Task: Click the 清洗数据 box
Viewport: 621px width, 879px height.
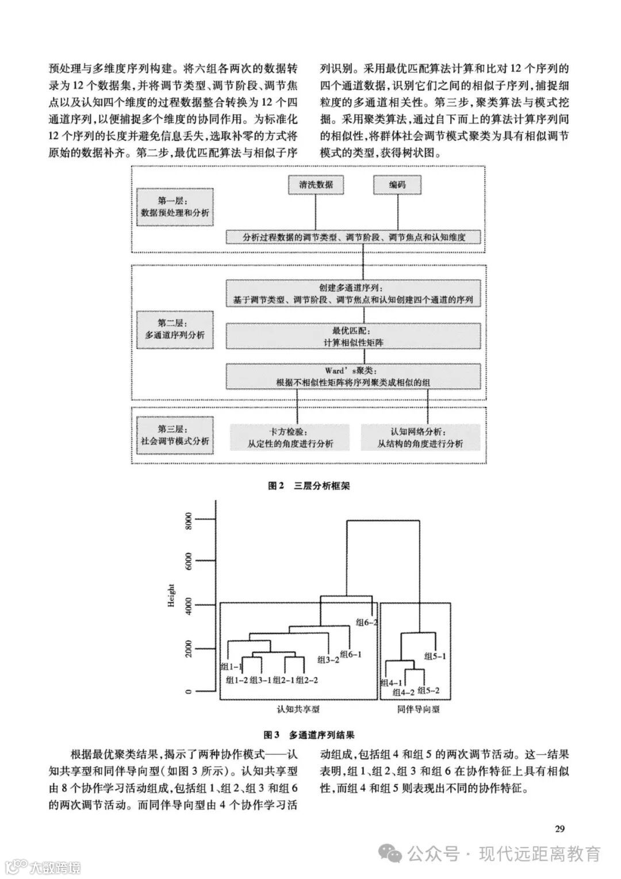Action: (316, 185)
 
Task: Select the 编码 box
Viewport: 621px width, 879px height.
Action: (396, 185)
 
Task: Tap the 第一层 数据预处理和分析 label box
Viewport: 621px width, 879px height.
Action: (175, 207)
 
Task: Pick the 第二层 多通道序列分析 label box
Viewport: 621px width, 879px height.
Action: (175, 328)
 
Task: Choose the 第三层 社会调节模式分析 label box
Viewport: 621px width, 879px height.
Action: (175, 435)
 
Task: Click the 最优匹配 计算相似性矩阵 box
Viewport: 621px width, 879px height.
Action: (353, 337)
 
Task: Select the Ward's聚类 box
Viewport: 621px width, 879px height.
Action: (353, 376)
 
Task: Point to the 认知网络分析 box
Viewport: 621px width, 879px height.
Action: (420, 437)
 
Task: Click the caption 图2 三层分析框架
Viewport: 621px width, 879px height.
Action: (309, 486)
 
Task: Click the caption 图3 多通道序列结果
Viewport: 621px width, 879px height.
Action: (309, 735)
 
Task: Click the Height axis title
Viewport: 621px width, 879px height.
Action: (171, 595)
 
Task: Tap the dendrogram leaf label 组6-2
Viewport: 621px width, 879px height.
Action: (366, 622)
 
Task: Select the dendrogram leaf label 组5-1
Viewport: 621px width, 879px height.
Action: (435, 655)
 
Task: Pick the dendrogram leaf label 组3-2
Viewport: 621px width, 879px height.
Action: (328, 660)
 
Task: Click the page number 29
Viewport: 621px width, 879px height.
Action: (559, 828)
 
